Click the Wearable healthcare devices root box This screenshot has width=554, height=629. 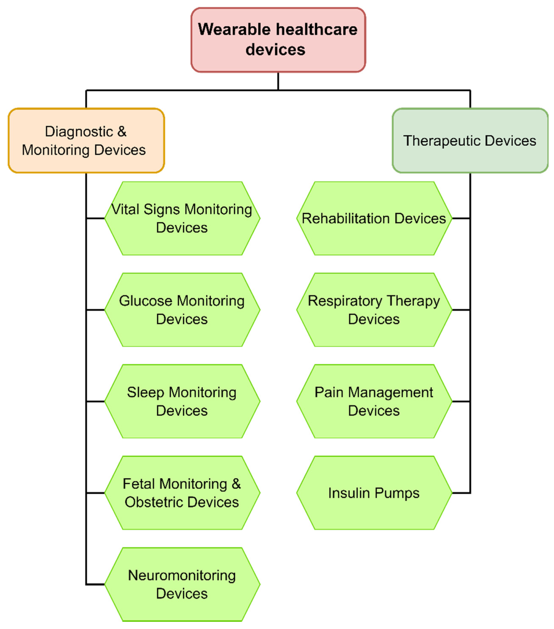278,40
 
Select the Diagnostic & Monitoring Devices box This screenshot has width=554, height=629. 86,141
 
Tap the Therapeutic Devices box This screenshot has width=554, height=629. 470,141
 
